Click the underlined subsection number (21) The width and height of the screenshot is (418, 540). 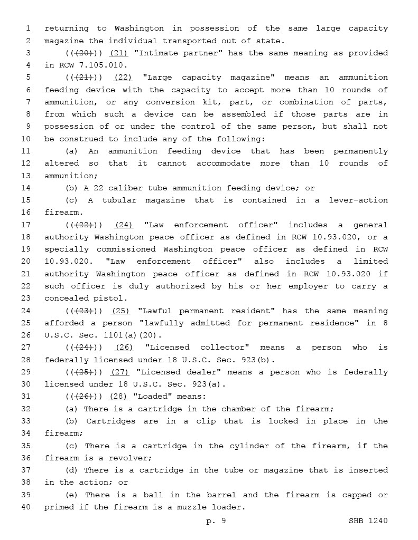click(118, 53)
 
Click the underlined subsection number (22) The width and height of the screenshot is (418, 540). click(123, 78)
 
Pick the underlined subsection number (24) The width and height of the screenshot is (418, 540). click(124, 225)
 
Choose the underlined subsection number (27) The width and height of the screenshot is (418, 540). click(119, 372)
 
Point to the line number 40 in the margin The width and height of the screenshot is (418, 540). click(26, 507)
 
